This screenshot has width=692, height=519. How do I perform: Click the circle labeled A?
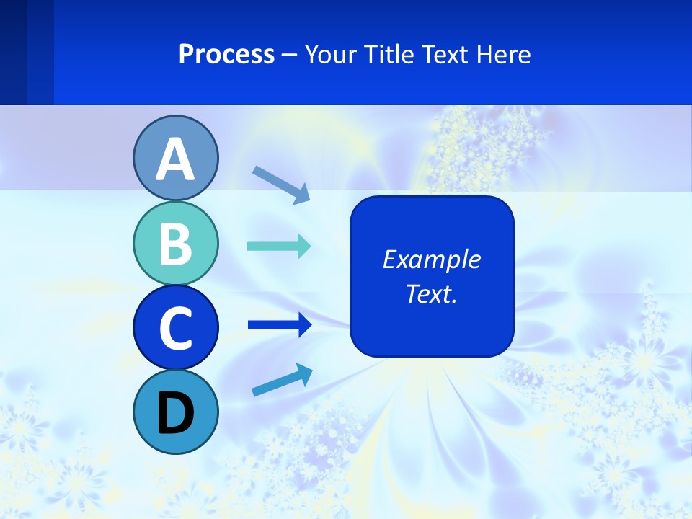click(x=175, y=158)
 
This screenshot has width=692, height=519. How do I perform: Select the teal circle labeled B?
click(x=175, y=243)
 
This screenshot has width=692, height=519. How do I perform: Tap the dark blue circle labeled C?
click(x=175, y=327)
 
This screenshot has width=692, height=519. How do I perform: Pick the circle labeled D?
click(x=175, y=412)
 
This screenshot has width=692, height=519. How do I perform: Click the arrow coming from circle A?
click(x=281, y=184)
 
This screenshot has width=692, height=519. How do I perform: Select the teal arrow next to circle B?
click(x=279, y=247)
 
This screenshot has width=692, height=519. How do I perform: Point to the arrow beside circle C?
click(x=280, y=325)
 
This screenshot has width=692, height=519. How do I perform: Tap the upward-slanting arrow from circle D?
click(x=282, y=381)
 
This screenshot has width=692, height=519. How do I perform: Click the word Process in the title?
click(x=226, y=54)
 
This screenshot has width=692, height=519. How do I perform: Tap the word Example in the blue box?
click(x=431, y=259)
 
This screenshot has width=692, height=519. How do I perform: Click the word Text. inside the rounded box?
click(x=431, y=293)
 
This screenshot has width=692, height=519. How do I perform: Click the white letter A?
click(x=175, y=159)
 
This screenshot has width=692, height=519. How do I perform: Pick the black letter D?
click(x=175, y=413)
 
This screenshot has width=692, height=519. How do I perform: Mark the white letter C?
click(x=175, y=328)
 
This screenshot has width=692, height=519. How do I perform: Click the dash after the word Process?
click(x=289, y=55)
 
